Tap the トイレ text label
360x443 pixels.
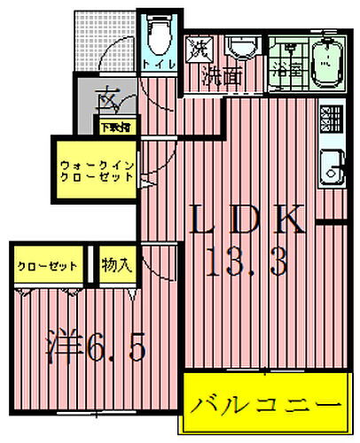160,65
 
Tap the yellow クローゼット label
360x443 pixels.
48,266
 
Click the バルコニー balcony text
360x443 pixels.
264,404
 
